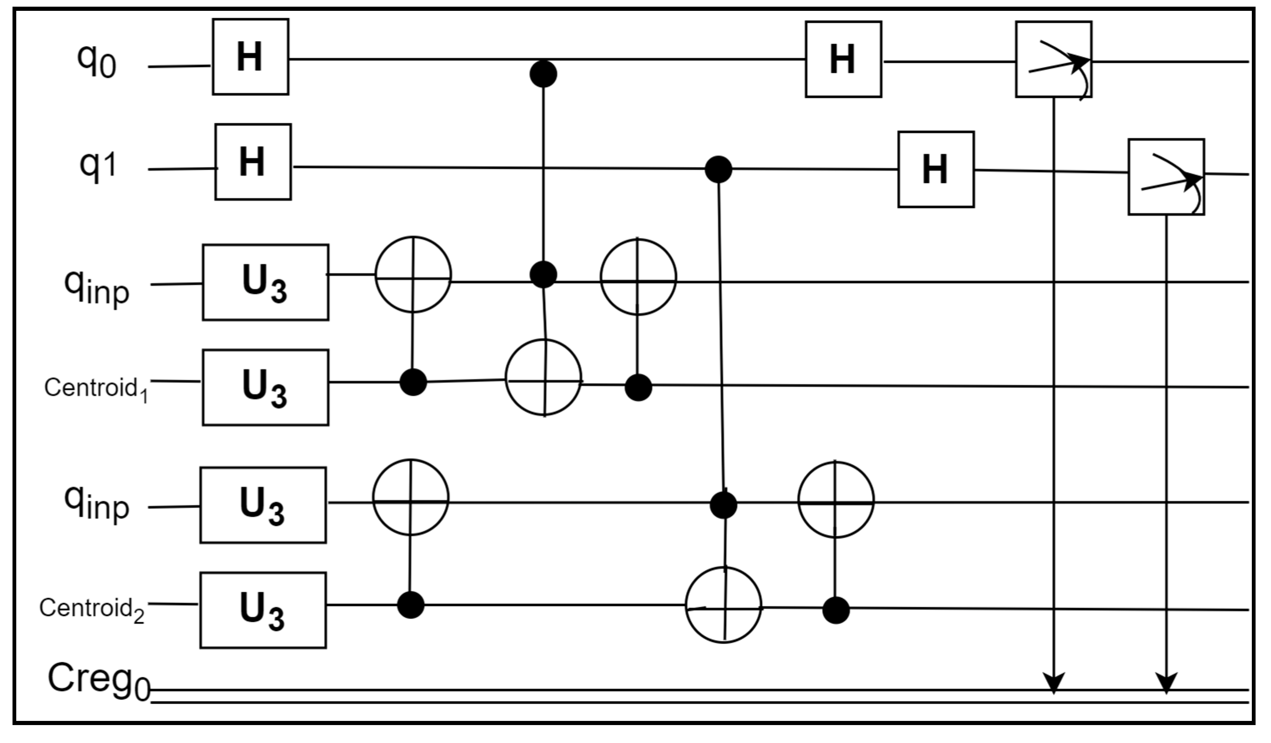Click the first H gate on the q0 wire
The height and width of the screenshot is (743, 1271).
[x=250, y=57]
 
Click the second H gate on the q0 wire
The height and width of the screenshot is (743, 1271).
[x=843, y=59]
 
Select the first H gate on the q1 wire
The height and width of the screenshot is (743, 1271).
[x=253, y=162]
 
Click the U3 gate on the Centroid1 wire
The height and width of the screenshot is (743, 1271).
[x=265, y=387]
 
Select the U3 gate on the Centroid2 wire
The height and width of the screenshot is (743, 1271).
[x=263, y=610]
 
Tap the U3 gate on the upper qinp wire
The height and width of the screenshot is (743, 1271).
[x=265, y=282]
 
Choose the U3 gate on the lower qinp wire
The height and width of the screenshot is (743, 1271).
[x=263, y=505]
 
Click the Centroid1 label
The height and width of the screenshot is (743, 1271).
[x=95, y=389]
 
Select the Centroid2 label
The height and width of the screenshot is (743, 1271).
[x=92, y=609]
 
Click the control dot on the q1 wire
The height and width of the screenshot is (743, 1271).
[x=718, y=169]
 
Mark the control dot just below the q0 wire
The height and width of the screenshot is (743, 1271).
[x=543, y=74]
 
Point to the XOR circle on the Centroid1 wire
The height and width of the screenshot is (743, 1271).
[x=543, y=378]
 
